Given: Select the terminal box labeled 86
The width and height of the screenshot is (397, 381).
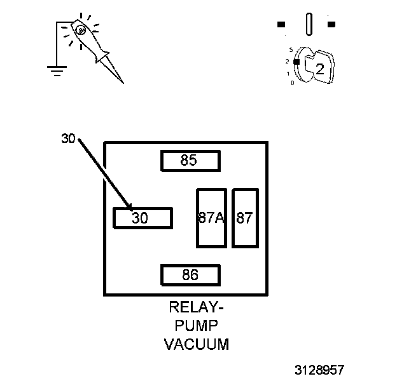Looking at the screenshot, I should point(190,275).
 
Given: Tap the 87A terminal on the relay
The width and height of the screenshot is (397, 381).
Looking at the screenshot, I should point(211,218).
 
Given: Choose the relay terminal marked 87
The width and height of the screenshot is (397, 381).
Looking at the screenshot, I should point(244,218).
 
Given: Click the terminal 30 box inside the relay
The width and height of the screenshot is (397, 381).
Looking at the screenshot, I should point(142,218).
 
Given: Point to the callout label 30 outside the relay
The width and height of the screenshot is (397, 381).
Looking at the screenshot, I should point(69,138).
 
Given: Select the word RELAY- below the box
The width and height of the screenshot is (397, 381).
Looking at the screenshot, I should point(197,309).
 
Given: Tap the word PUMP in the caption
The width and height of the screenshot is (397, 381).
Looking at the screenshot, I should point(197,326).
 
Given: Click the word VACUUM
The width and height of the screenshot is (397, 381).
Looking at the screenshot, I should point(197,345).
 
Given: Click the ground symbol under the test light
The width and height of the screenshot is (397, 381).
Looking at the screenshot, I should point(57,69).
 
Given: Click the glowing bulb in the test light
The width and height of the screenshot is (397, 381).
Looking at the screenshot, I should point(81,29).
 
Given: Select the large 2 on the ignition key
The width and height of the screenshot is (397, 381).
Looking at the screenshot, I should point(320,69).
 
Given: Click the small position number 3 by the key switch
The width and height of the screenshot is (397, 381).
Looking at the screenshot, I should point(290,50).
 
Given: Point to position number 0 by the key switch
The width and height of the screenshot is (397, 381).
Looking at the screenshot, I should point(292,83).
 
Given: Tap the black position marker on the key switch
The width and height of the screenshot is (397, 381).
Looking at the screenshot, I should point(296,60).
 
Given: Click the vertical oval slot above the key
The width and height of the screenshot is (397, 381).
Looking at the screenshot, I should point(309,25).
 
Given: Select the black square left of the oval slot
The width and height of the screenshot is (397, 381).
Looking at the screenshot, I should point(281,25).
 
